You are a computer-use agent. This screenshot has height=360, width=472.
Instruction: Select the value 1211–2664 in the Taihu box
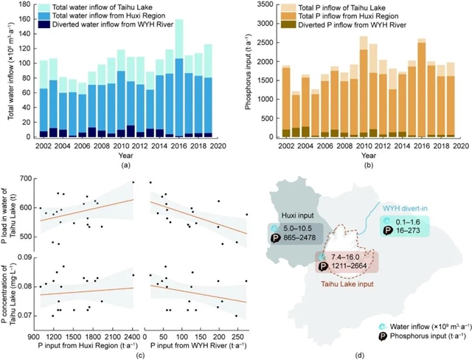[x=352, y=265]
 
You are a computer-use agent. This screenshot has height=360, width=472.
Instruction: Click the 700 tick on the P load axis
[x=29, y=179]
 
